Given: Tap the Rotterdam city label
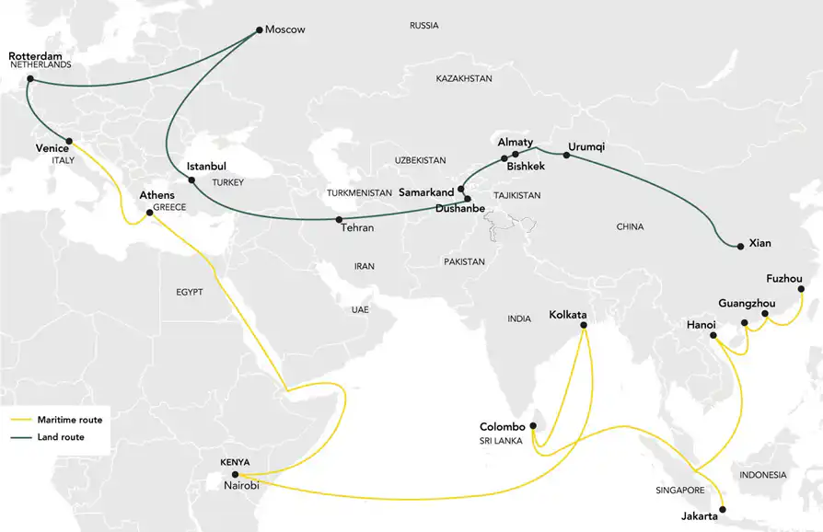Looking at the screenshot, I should (36, 56).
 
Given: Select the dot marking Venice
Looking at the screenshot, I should (67, 143).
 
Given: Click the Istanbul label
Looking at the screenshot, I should (206, 167).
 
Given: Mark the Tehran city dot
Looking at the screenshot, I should (340, 219).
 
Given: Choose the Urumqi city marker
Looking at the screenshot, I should (566, 156).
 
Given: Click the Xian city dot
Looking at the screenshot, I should (740, 246).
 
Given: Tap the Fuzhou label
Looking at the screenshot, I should (784, 278).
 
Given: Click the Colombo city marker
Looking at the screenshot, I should (533, 425).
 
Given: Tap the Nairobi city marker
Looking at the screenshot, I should (235, 475).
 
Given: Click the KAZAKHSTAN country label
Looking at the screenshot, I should (464, 79).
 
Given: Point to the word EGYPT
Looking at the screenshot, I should (189, 292).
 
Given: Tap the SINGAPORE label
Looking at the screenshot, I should (678, 491).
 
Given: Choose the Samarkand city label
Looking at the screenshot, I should (427, 192).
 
